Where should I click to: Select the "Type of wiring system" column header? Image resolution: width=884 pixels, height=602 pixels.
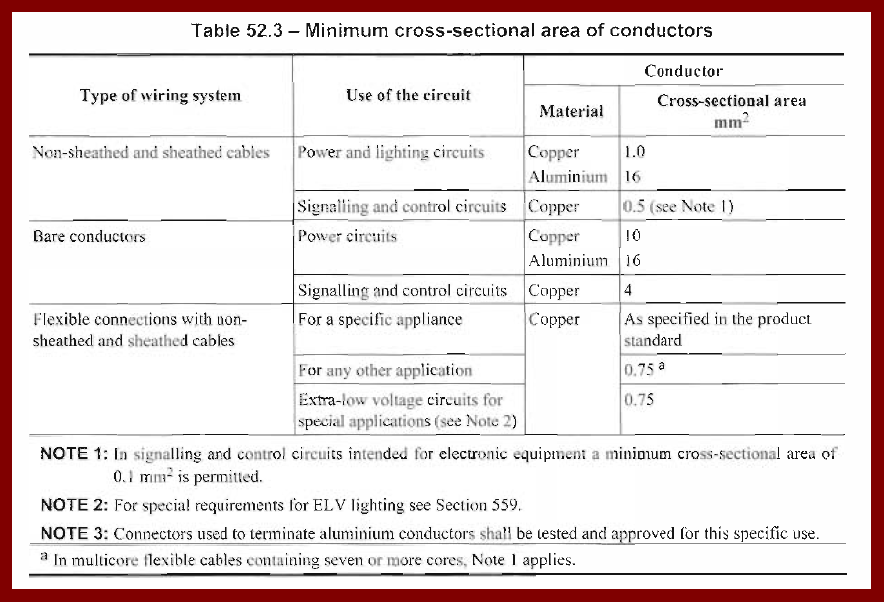coord(161,96)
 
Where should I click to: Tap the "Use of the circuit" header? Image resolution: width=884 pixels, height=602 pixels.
coord(408,95)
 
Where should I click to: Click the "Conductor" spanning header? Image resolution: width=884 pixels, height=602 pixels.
coord(683,71)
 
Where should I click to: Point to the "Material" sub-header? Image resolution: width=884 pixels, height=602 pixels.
coord(571,111)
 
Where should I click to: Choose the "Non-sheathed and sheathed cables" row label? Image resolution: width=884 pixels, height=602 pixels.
coord(151,153)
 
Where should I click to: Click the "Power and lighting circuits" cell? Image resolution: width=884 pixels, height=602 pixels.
coord(391,153)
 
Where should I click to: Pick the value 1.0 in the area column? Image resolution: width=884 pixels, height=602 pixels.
coord(634,153)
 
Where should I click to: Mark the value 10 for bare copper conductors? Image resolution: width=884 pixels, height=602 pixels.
coord(632,237)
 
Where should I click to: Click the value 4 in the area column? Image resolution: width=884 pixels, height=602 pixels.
coord(628,291)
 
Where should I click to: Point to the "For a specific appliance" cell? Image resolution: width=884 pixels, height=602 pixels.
coord(380,320)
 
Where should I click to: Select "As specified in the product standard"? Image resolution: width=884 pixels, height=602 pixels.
coord(717,329)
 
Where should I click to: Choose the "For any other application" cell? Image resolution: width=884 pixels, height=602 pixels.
coord(385,370)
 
